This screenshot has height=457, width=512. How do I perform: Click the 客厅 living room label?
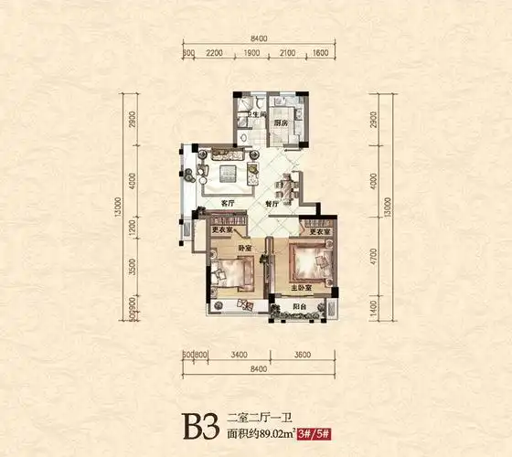[x=229, y=202]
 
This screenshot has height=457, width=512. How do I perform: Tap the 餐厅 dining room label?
[x=271, y=205]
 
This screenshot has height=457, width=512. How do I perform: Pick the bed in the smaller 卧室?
[x=233, y=272]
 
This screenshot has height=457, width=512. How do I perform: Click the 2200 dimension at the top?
[x=215, y=54]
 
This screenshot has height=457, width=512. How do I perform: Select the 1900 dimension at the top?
[x=251, y=54]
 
